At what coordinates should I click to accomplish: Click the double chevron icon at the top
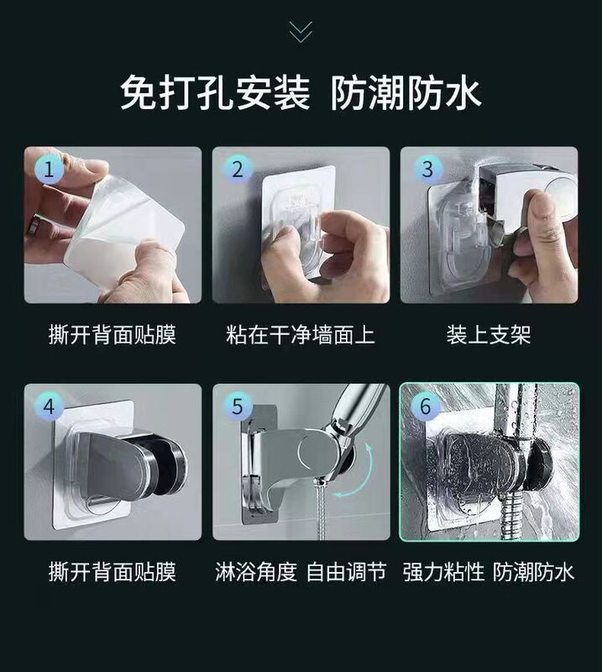pos(301,32)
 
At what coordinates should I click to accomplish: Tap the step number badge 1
pos(49,170)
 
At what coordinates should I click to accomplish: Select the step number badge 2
pos(238,170)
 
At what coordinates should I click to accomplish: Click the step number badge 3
pos(426,170)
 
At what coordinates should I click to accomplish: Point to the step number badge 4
pos(49,407)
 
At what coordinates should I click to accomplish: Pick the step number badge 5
pos(238,407)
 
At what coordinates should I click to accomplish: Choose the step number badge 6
pos(426,407)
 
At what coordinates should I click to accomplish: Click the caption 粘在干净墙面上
pos(301,334)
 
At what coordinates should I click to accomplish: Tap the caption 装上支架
pos(489,334)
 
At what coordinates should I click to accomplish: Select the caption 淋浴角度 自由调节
pos(301,572)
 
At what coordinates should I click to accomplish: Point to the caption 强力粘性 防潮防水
pos(489,572)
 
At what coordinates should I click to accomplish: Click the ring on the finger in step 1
pos(34,225)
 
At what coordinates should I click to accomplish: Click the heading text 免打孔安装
pos(215,92)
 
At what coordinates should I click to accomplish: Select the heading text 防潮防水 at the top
pos(406,92)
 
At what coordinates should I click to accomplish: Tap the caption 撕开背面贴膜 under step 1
pos(113,334)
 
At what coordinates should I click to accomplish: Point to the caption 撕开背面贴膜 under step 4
pos(113,572)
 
